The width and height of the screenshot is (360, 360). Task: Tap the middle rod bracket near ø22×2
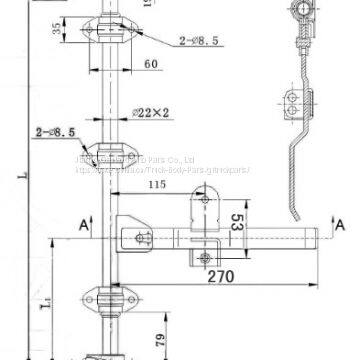tap(107, 154)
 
